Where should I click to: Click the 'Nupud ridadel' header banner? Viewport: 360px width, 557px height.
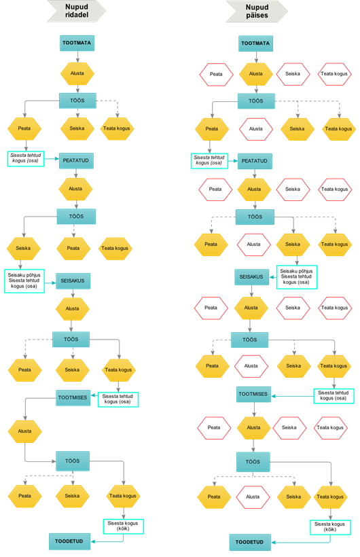(77, 11)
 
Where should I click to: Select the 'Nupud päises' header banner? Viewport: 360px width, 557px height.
(257, 12)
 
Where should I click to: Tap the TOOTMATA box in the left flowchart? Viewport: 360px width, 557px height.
(77, 43)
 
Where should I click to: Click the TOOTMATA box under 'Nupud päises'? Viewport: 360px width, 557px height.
(255, 43)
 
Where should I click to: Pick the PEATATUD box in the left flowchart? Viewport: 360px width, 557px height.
(76, 160)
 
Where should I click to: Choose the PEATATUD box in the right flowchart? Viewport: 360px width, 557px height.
(255, 161)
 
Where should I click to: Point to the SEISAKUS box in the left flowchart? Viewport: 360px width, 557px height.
(73, 281)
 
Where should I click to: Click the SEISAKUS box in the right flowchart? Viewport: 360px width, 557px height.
(251, 276)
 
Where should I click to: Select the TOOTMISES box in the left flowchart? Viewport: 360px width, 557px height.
(73, 397)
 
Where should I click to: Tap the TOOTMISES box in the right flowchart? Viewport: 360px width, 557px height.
(253, 394)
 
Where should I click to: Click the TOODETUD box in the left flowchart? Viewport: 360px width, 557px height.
(69, 541)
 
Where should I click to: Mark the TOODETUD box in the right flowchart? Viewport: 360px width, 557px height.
(250, 543)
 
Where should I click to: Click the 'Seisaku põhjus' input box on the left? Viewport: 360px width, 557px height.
(24, 281)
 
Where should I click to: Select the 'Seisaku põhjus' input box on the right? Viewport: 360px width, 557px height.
(297, 276)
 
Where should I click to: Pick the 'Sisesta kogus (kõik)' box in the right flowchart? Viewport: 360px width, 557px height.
(330, 527)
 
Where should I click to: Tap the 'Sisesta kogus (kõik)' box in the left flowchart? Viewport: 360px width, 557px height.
(124, 526)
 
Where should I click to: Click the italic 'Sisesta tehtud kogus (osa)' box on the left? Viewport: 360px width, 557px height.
(26, 158)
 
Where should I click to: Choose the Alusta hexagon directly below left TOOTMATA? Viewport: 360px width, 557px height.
(77, 73)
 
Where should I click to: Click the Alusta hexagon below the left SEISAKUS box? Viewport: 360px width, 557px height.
(73, 308)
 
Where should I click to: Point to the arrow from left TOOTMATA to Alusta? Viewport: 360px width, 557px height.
(77, 57)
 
